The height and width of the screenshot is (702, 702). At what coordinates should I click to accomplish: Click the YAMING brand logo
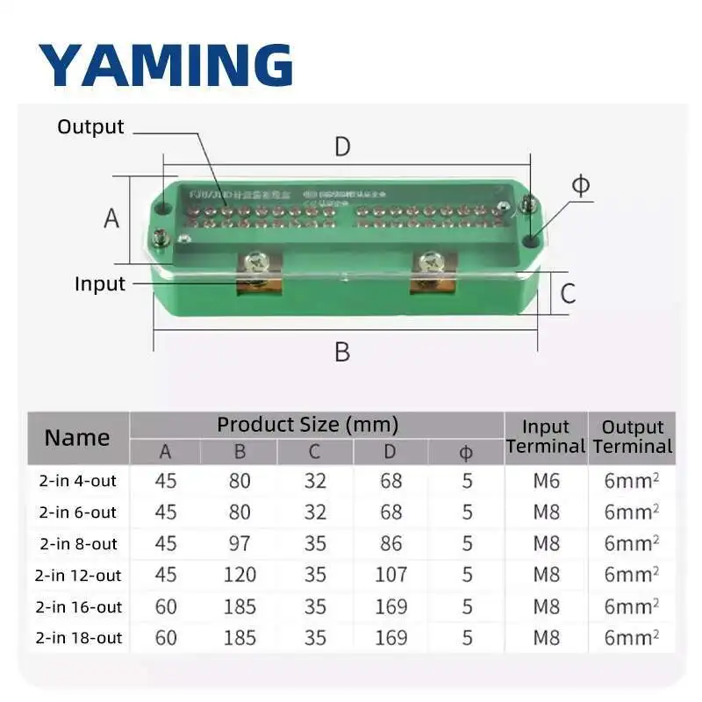(x=165, y=64)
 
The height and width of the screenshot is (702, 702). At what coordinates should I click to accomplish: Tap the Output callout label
(x=90, y=127)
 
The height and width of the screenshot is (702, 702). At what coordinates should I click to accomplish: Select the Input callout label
(x=99, y=283)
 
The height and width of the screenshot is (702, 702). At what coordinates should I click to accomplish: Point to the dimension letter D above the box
(x=342, y=147)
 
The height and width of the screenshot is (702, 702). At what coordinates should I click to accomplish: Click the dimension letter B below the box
(x=342, y=352)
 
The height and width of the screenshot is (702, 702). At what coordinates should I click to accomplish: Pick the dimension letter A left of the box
(x=111, y=218)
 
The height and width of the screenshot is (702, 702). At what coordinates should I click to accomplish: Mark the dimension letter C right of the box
(x=568, y=293)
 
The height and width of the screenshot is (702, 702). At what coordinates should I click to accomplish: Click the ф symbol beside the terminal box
(x=581, y=186)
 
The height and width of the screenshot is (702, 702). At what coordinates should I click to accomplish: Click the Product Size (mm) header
(x=307, y=425)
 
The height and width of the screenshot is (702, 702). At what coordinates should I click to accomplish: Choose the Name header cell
(x=77, y=437)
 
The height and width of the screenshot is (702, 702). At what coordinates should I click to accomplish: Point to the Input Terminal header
(x=546, y=436)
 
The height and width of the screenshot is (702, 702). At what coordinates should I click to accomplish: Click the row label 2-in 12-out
(x=78, y=575)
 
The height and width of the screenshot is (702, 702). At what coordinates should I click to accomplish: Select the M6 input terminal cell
(x=546, y=481)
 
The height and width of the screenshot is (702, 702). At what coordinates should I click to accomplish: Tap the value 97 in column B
(x=240, y=543)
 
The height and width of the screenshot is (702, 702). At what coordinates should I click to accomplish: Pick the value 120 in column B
(x=240, y=575)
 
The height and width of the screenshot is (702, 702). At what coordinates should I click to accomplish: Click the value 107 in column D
(x=390, y=575)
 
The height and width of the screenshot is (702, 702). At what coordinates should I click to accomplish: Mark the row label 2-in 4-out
(x=78, y=481)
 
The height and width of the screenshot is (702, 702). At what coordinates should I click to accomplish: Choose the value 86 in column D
(x=390, y=543)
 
